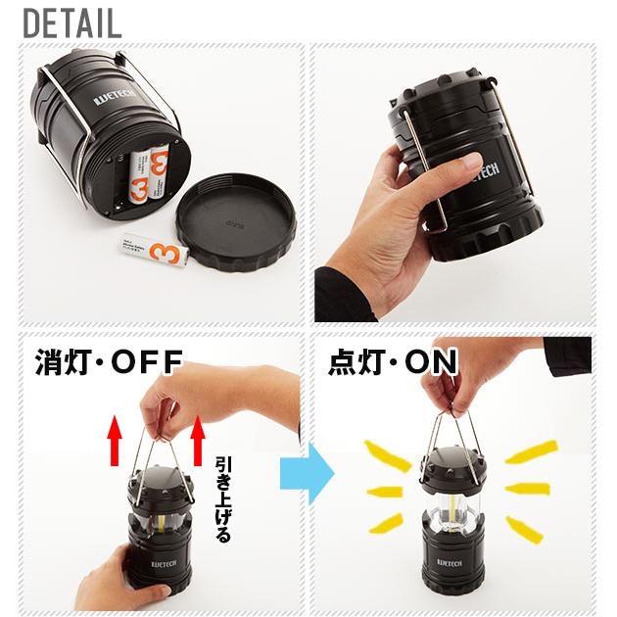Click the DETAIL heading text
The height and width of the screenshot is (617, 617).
click(x=71, y=22)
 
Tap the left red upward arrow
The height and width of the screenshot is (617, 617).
click(x=115, y=438)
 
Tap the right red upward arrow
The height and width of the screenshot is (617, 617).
click(x=198, y=438)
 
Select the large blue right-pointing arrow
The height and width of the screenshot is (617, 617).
click(x=307, y=477)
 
